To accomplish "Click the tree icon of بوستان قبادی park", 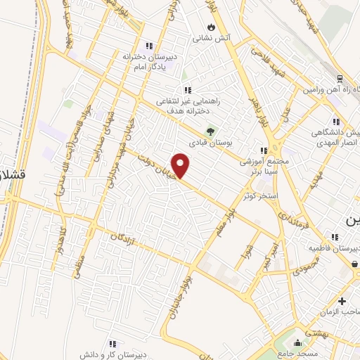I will (210, 130).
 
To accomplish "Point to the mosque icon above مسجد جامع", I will (299, 343).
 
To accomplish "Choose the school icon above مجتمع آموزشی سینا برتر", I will (264, 150).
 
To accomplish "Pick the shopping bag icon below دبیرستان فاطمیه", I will (355, 262).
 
